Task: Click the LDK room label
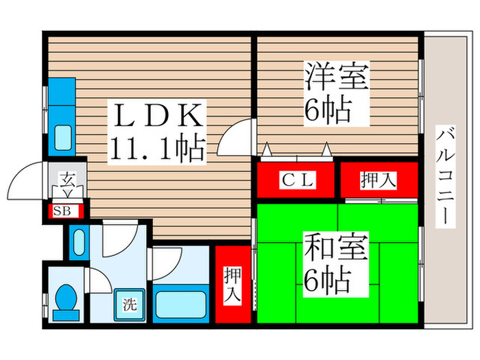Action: pos(158,115)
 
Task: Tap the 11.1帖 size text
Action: pos(157,148)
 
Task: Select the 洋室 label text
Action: pos(336,75)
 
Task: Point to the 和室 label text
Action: pos(336,246)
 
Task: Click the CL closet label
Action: pos(298,180)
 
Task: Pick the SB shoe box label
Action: pos(62,211)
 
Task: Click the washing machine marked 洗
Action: pos(129,304)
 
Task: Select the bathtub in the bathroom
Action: pos(181,304)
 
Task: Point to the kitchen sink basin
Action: pos(63,138)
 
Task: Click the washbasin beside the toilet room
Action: pos(80,242)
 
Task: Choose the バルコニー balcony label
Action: pos(446,177)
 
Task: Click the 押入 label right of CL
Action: pos(379,180)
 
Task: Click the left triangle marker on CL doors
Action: pos(267,150)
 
